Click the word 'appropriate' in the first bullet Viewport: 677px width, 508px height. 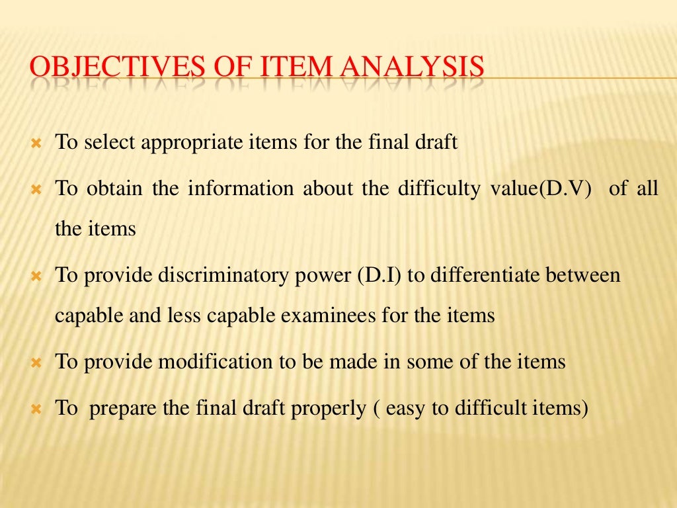click(x=183, y=143)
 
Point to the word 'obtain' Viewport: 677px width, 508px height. click(x=115, y=189)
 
